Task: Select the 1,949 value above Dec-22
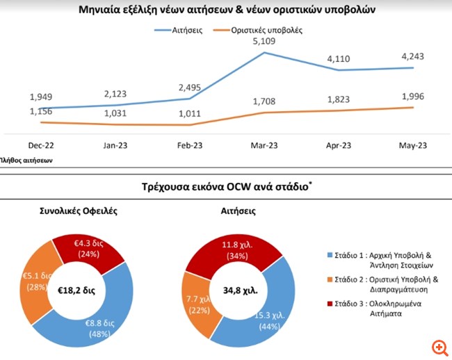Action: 42,97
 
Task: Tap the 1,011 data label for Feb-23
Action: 191,114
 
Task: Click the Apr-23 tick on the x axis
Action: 340,147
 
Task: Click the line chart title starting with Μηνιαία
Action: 227,10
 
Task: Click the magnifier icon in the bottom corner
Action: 439,347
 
